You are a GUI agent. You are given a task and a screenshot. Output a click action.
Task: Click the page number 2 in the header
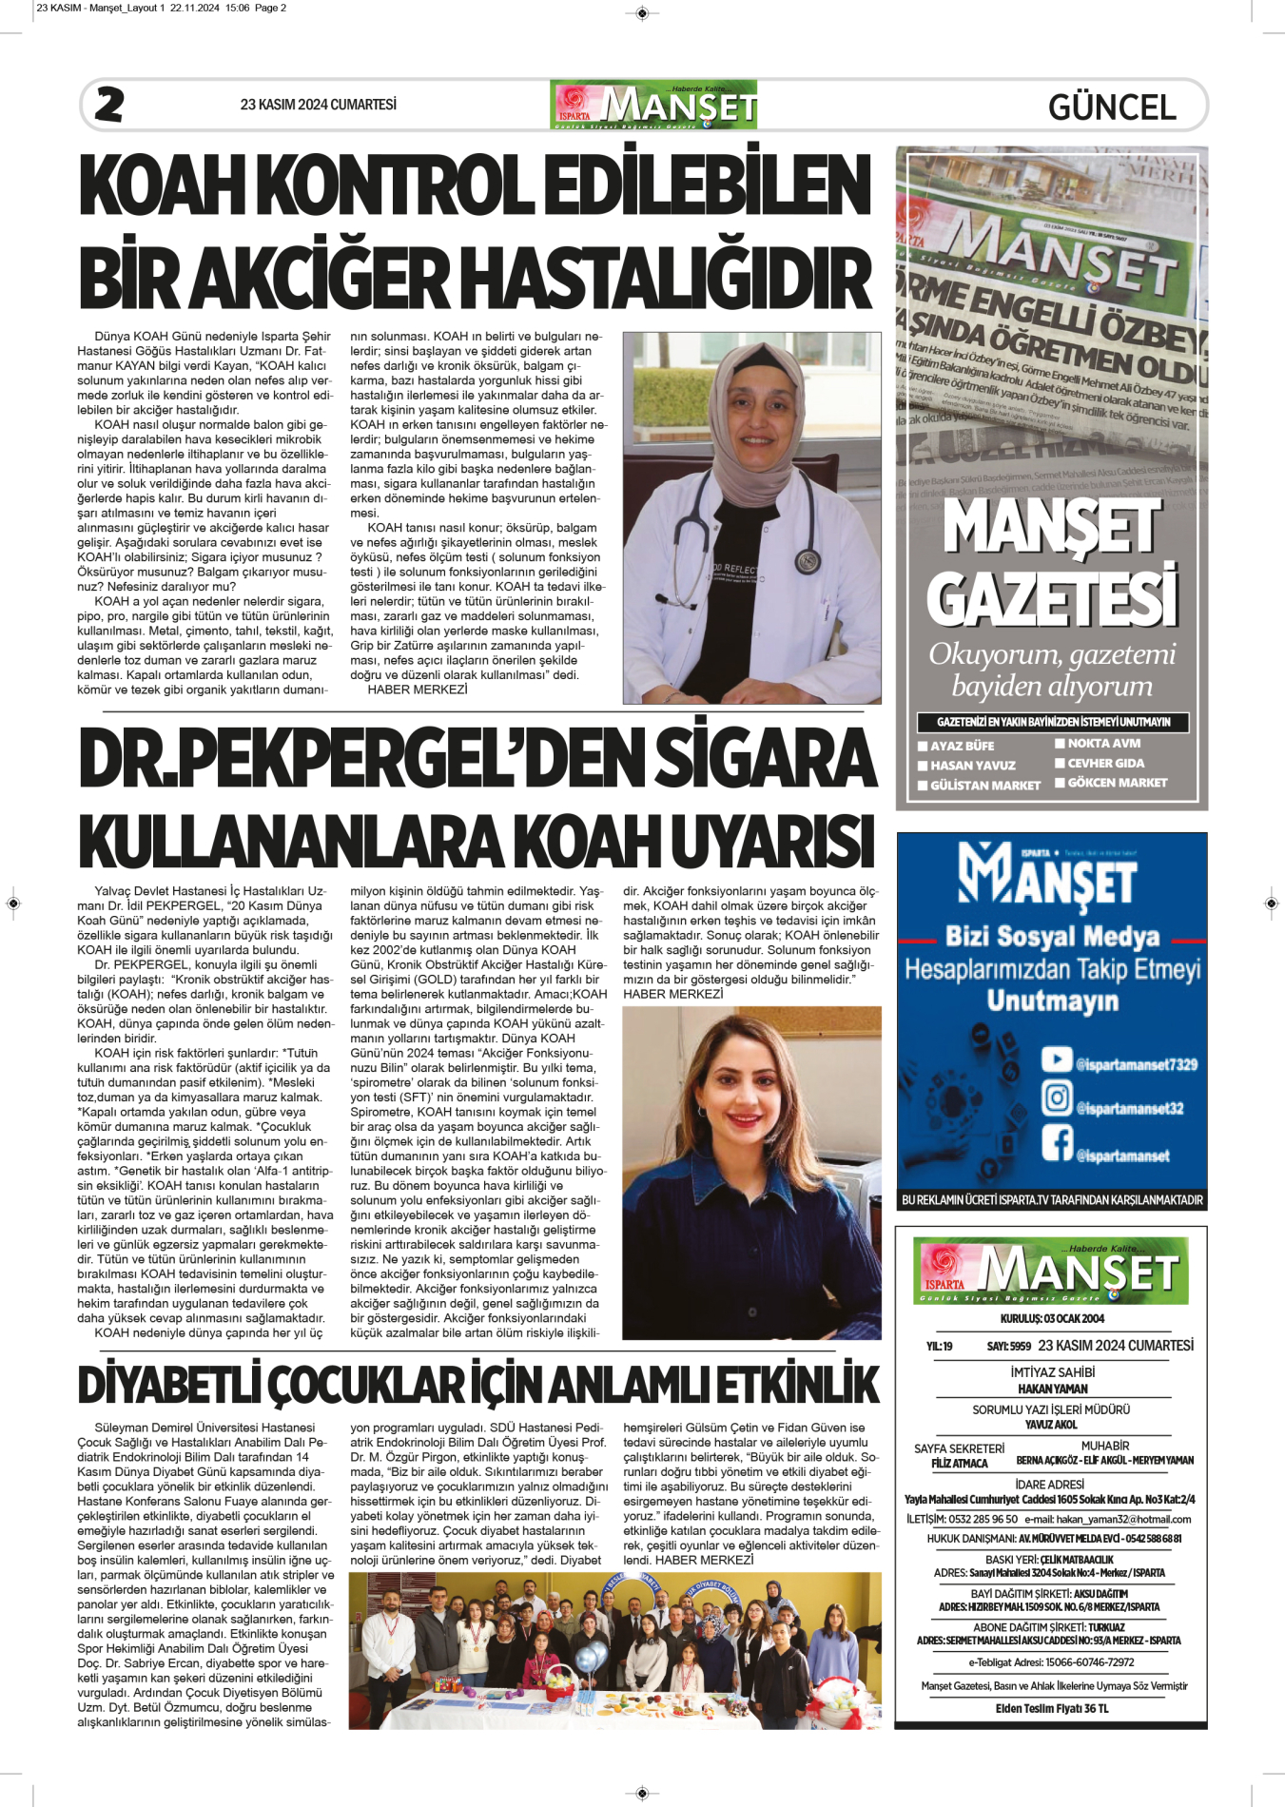click(109, 105)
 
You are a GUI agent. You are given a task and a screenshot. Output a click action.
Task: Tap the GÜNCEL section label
click(1112, 107)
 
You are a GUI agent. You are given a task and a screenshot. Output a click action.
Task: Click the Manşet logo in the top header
click(653, 105)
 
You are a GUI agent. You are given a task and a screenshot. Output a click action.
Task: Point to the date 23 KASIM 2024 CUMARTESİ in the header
click(318, 105)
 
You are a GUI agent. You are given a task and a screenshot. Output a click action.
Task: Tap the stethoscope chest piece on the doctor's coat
click(808, 561)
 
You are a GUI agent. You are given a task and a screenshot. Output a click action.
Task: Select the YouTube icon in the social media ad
click(1056, 1059)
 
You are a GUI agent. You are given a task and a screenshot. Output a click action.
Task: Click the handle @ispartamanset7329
click(1136, 1065)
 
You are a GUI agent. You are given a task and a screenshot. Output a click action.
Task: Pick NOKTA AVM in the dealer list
click(1103, 744)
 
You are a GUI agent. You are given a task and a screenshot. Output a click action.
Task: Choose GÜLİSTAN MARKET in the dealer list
click(984, 786)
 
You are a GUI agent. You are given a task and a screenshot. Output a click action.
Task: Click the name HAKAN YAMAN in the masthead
click(1052, 1389)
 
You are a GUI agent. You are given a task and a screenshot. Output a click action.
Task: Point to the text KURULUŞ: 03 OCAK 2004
click(1052, 1318)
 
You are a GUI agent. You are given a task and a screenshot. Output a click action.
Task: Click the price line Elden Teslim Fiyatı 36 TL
click(1052, 1708)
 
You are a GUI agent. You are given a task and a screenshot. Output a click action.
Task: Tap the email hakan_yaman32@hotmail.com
click(1123, 1519)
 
